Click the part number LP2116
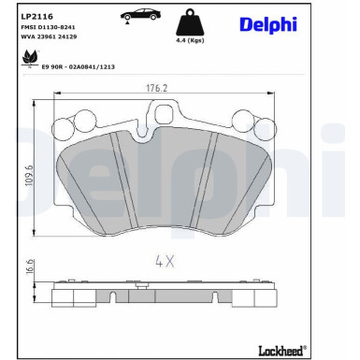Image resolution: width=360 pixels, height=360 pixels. point(35,16)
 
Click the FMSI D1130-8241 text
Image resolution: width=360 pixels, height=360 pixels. point(48,28)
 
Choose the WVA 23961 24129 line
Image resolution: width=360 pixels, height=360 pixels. point(48,37)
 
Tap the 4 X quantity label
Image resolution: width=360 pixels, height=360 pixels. point(165,262)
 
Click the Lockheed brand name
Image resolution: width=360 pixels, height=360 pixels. point(281,350)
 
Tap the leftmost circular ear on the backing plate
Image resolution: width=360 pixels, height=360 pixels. point(64,128)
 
